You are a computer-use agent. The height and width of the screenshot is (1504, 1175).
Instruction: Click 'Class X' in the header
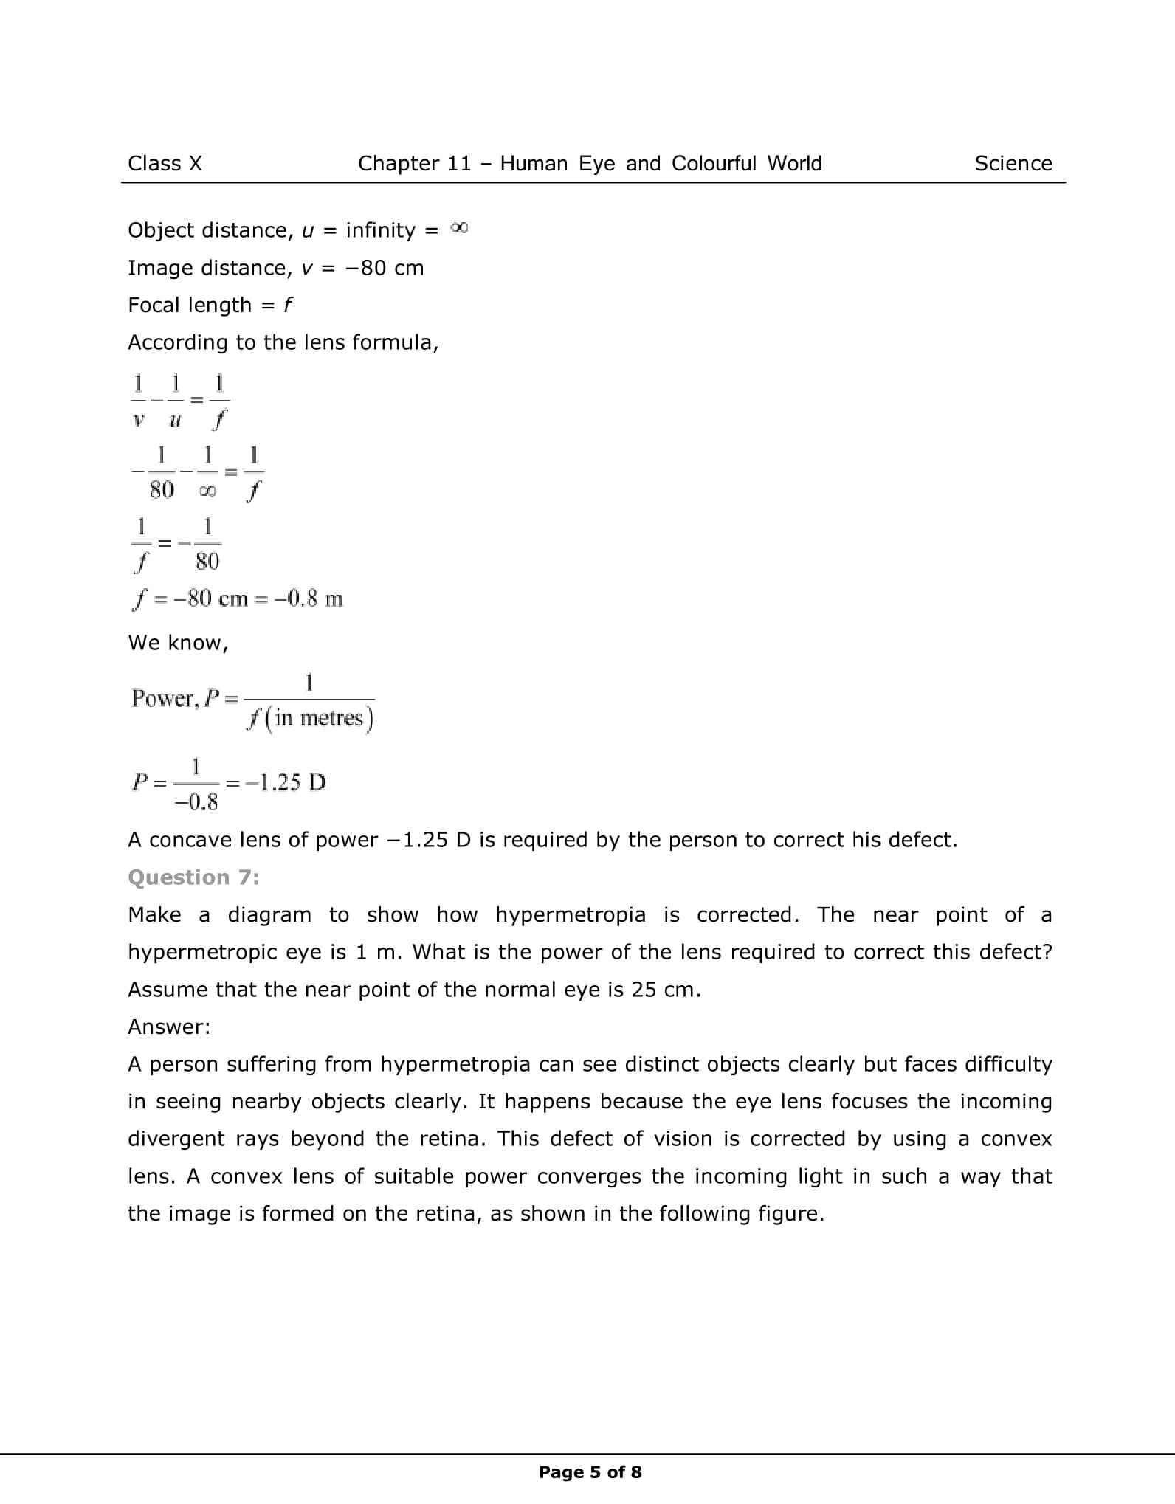(165, 163)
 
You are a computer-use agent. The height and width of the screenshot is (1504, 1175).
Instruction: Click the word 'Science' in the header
(1013, 163)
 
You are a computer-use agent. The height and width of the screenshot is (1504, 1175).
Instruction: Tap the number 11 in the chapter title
(457, 163)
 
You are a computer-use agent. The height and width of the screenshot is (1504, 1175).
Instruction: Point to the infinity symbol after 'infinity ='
(459, 229)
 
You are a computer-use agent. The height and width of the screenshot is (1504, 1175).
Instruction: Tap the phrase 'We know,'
(178, 643)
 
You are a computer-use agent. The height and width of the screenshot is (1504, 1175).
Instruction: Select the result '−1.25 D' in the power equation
(286, 782)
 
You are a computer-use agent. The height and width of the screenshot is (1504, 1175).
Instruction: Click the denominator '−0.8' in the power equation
(196, 802)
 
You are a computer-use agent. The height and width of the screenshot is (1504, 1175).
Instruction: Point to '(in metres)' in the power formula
(319, 718)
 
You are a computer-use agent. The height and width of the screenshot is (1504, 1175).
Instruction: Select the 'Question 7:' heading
(193, 877)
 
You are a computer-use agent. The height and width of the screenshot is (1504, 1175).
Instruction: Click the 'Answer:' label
(169, 1027)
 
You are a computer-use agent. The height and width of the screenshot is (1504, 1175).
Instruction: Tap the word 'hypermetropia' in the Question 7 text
(570, 914)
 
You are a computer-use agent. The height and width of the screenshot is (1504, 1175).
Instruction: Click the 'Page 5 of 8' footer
(590, 1472)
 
